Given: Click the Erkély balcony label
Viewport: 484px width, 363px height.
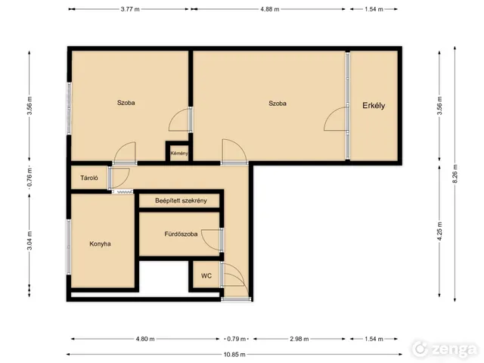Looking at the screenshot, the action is coord(374,106).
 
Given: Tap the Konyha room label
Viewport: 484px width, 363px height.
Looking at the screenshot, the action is coord(100,244).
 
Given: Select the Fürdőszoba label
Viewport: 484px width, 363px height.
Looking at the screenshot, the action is coord(181,234).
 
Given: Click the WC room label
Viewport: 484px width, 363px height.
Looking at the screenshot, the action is coord(206,275).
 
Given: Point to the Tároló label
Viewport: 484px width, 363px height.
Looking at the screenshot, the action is coord(89,178).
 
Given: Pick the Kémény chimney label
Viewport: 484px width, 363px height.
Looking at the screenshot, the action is coord(179,153).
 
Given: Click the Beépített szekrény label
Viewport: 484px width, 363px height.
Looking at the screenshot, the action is coord(181,200).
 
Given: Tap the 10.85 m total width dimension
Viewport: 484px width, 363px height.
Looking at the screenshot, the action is coord(234,355).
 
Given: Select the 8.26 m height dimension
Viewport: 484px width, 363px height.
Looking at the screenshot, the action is coord(455,175).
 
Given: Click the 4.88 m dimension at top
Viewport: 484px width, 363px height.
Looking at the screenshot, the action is coord(270,9).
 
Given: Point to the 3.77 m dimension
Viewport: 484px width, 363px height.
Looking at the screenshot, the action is coord(130,9).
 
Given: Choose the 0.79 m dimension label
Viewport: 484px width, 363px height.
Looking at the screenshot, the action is coord(237,339).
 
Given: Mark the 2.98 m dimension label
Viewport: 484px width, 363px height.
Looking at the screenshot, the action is coord(299,339).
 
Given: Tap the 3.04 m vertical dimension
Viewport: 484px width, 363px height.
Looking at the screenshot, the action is coord(29,240).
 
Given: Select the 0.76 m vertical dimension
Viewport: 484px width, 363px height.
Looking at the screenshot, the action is coord(29,178).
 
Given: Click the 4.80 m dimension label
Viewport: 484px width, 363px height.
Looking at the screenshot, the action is coord(145,339).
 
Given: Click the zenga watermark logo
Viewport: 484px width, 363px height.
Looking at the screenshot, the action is coord(445,349).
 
